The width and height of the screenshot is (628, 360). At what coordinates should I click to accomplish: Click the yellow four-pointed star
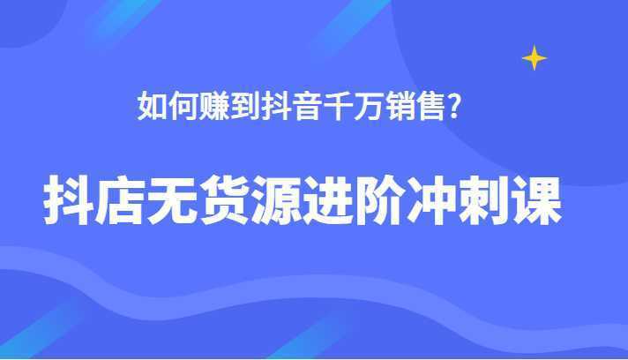[x=534, y=58]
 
